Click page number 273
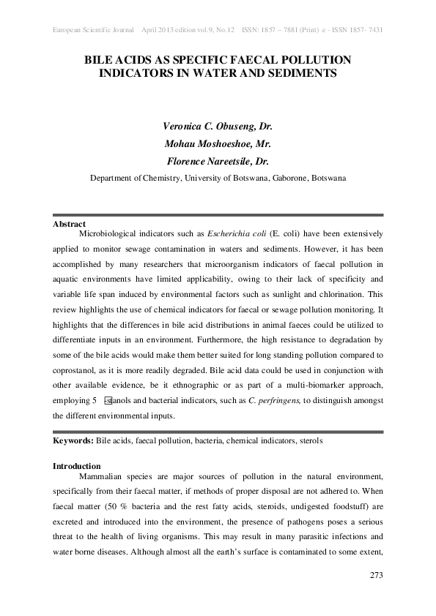pos(375,576)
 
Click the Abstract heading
pos(70,224)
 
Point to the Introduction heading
pos(77,466)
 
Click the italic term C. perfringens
pos(273,401)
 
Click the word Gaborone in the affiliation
pos(281,177)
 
